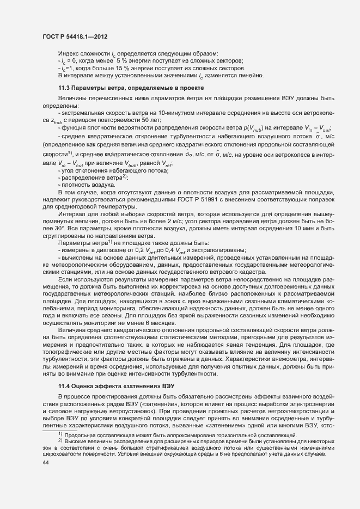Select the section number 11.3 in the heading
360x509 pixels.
click(64, 88)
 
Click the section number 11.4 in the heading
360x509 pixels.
click(64, 385)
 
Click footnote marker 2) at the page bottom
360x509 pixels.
click(61, 441)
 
